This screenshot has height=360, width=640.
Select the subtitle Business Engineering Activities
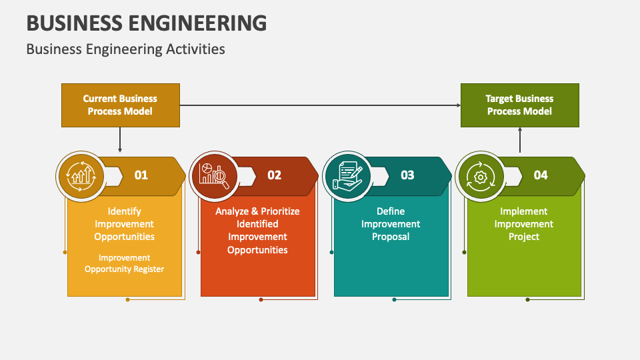pyautogui.click(x=125, y=49)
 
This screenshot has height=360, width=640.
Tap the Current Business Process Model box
pyautogui.click(x=120, y=105)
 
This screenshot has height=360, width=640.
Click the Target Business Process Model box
pyautogui.click(x=519, y=105)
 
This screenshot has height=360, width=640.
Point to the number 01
pyautogui.click(x=141, y=175)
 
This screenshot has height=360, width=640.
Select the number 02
pyautogui.click(x=275, y=175)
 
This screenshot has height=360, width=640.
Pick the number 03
pyautogui.click(x=407, y=175)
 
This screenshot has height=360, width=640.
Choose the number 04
pyautogui.click(x=541, y=175)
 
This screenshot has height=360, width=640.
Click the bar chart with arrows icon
pyautogui.click(x=81, y=175)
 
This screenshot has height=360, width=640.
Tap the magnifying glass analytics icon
pyautogui.click(x=214, y=175)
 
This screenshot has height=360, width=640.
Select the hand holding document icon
pyautogui.click(x=347, y=175)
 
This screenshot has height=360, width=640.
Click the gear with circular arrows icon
pyautogui.click(x=480, y=176)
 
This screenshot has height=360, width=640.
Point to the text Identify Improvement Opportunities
pyautogui.click(x=124, y=224)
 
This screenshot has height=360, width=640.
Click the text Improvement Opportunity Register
pyautogui.click(x=124, y=263)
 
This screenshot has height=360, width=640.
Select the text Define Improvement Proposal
pyautogui.click(x=391, y=224)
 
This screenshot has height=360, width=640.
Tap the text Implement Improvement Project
pyautogui.click(x=524, y=224)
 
